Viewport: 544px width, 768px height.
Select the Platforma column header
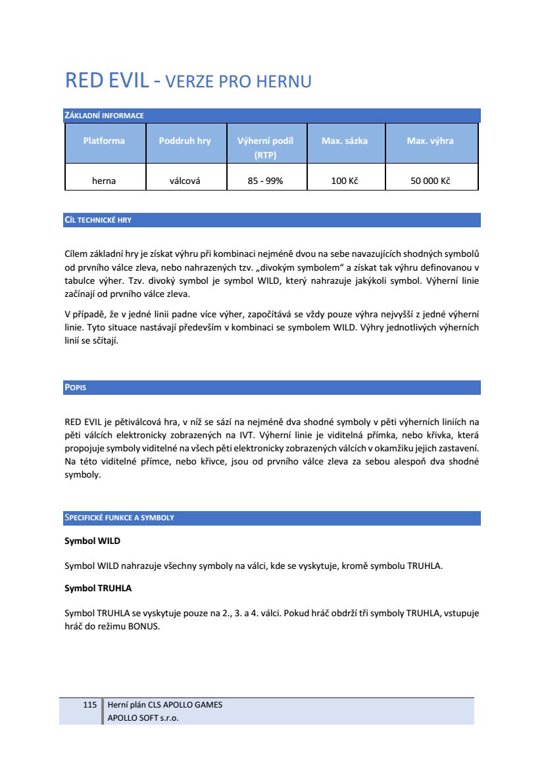click(104, 141)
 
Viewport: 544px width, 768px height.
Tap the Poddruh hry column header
click(185, 141)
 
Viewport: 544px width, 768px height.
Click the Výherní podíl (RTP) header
click(265, 148)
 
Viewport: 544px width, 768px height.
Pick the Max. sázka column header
click(345, 141)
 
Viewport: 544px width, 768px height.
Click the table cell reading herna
click(104, 181)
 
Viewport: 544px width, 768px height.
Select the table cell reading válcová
click(185, 181)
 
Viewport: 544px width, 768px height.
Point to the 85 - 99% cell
click(265, 181)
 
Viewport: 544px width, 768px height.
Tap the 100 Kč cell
click(345, 181)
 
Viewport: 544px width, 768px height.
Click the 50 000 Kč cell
click(430, 181)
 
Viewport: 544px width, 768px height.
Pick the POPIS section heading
click(75, 388)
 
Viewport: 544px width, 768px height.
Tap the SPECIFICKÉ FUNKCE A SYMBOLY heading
click(119, 518)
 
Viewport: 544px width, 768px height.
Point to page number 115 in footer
click(90, 705)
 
